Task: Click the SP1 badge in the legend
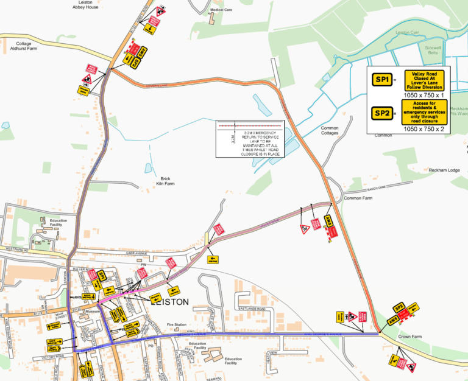pyautogui.click(x=383, y=80)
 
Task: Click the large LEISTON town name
pyautogui.click(x=169, y=302)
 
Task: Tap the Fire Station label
pyautogui.click(x=176, y=325)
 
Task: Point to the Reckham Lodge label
pyautogui.click(x=427, y=170)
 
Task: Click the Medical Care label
pyautogui.click(x=222, y=10)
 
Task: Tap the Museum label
pyautogui.click(x=93, y=312)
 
